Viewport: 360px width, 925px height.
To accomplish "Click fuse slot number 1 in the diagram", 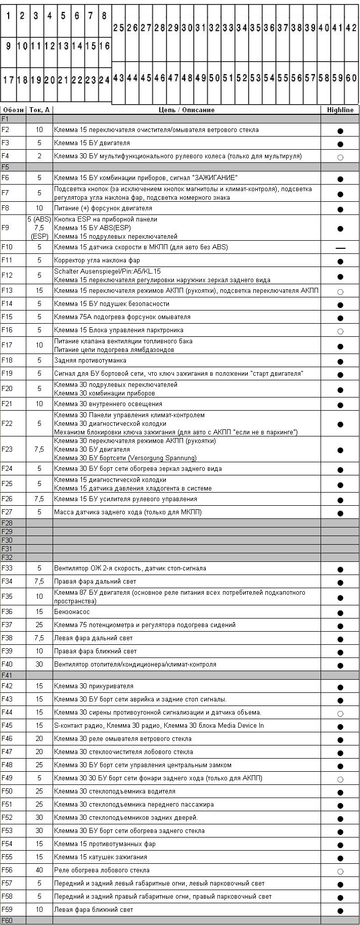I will point(9,16).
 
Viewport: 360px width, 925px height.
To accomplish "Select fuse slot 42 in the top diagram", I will point(351,28).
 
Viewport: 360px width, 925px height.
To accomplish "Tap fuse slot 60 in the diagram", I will point(351,78).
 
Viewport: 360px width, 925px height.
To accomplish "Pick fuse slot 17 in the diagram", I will point(9,80).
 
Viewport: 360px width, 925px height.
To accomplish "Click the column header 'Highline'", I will point(340,110).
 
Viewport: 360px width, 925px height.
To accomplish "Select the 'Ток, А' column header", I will point(39,110).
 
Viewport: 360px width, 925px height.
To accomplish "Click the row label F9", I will point(6,228).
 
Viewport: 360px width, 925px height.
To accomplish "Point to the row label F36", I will point(7,612).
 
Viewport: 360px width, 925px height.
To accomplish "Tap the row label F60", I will point(7,920).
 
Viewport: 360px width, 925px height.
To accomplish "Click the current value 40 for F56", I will point(39,870).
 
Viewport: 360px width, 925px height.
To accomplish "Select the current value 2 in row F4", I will point(39,156).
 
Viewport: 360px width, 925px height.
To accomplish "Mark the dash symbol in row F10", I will point(340,248).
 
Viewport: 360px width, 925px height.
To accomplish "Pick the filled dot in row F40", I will point(340,666).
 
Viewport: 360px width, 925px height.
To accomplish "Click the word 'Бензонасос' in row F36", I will point(72,612).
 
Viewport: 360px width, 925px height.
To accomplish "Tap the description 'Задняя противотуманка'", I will point(90,361).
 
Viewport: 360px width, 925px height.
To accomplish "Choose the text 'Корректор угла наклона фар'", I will point(97,260).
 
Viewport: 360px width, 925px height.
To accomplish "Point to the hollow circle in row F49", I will point(340,779).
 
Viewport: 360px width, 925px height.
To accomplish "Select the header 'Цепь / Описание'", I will point(187,110).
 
